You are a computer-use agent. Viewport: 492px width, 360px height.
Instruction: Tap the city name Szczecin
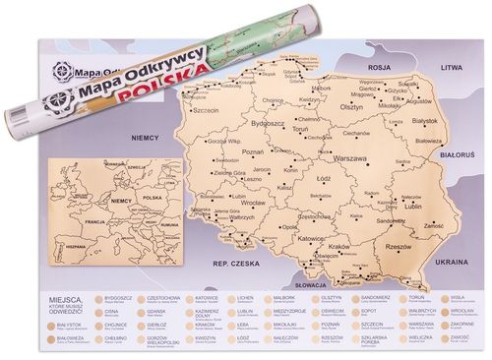[203, 111]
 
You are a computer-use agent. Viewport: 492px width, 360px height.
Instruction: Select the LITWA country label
[452, 68]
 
